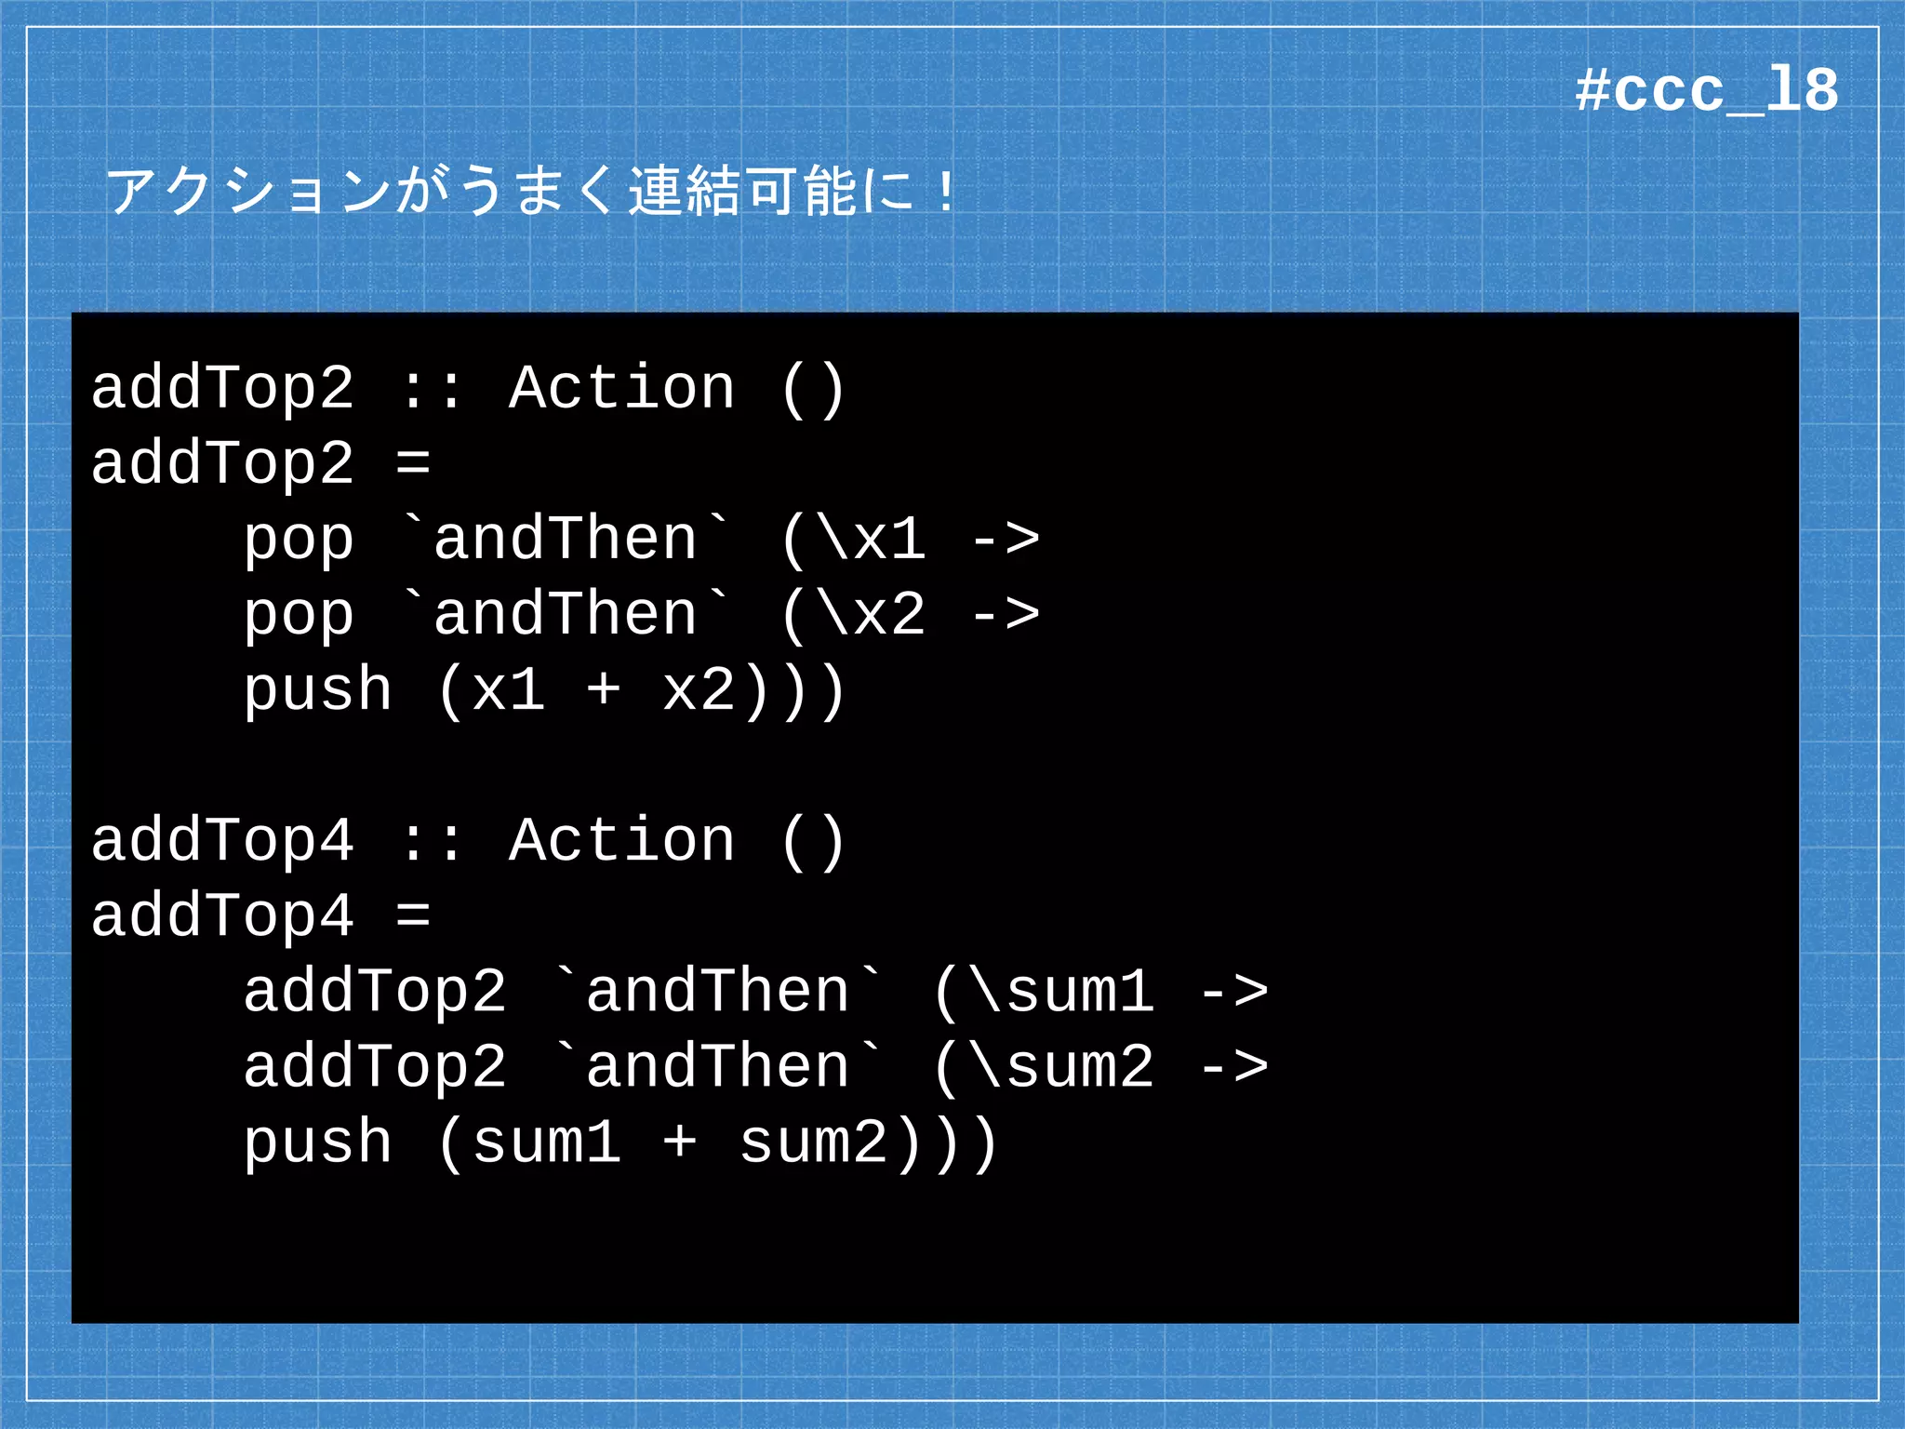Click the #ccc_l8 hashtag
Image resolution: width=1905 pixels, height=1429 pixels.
(x=1706, y=91)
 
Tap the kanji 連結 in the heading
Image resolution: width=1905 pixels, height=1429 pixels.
(x=685, y=191)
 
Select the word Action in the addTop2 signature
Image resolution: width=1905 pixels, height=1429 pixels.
(x=621, y=388)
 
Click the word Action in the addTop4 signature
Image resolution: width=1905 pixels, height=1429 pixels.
(x=621, y=840)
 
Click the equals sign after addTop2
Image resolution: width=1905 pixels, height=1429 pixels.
(x=413, y=462)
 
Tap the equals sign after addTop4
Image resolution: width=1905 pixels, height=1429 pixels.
(x=413, y=915)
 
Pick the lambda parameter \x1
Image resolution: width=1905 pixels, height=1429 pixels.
(x=873, y=539)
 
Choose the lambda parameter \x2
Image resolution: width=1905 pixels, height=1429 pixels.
(x=873, y=614)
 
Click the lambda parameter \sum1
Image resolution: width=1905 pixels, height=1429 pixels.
(x=1062, y=991)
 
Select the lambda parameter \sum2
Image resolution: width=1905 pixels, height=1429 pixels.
(x=1062, y=1066)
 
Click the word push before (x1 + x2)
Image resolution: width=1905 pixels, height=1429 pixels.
(x=317, y=690)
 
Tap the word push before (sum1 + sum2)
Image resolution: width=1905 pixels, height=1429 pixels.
(x=317, y=1142)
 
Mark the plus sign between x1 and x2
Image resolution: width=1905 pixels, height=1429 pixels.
(x=604, y=690)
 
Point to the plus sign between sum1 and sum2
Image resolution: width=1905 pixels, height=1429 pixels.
(x=680, y=1142)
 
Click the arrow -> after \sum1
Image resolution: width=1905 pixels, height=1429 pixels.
(x=1233, y=991)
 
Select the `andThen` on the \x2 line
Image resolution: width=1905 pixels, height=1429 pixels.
(x=566, y=614)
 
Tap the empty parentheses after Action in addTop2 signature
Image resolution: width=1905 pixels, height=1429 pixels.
(x=813, y=390)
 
